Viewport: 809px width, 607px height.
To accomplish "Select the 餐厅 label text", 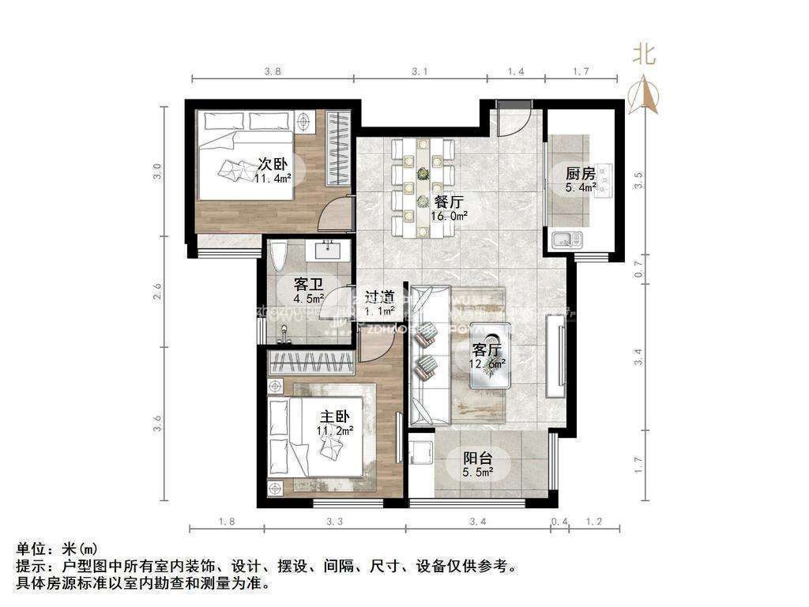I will [x=449, y=201].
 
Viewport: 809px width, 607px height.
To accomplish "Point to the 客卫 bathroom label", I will [x=307, y=283].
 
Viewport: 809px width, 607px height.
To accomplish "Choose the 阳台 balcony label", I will [x=478, y=458].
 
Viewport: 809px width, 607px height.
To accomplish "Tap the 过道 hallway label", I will [x=380, y=297].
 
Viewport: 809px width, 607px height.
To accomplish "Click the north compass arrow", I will [x=647, y=94].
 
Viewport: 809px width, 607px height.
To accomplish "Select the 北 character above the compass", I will [x=644, y=54].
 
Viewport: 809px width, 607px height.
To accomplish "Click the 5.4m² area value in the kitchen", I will [x=581, y=189].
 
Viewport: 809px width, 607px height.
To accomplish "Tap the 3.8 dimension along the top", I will [x=273, y=71].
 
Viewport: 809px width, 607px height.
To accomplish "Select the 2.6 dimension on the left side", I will [x=158, y=290].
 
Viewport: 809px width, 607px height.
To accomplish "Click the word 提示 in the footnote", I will [x=29, y=567].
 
